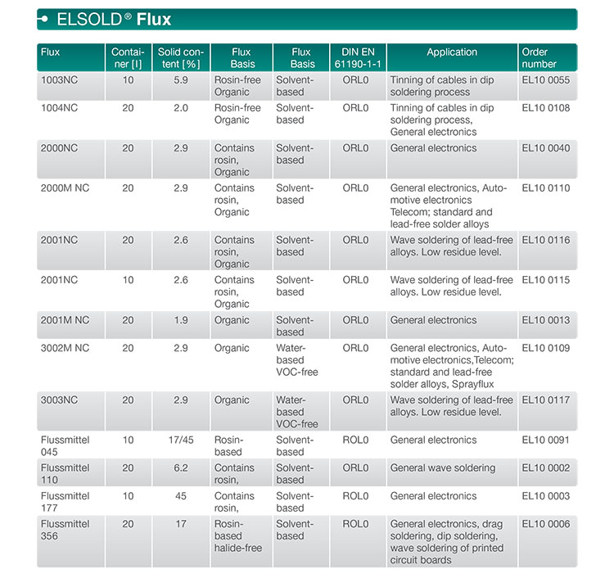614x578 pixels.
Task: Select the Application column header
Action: click(451, 52)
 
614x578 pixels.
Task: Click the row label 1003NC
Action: click(59, 80)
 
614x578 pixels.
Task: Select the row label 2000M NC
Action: click(65, 188)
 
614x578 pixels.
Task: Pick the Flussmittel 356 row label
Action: click(65, 530)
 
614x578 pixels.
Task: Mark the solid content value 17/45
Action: click(180, 440)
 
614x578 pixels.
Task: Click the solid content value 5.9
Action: click(180, 80)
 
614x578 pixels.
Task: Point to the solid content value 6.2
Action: click(180, 468)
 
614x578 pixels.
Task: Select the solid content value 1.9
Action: click(180, 320)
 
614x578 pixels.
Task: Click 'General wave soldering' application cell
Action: click(443, 468)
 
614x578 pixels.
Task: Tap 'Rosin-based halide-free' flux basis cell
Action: click(238, 535)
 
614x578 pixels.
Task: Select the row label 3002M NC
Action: click(65, 349)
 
